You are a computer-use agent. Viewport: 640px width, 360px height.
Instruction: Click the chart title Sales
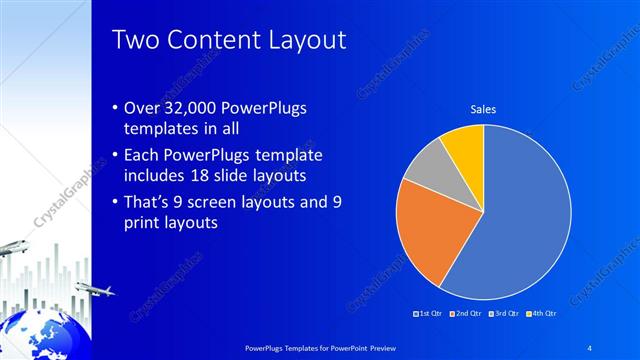coord(484,109)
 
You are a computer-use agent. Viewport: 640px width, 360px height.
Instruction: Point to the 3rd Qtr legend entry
coord(503,313)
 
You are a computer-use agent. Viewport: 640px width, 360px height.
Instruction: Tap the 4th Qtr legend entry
coord(540,313)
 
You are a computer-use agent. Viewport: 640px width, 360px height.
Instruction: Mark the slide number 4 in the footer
coord(590,346)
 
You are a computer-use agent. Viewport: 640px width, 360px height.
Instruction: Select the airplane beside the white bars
coord(92,290)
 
